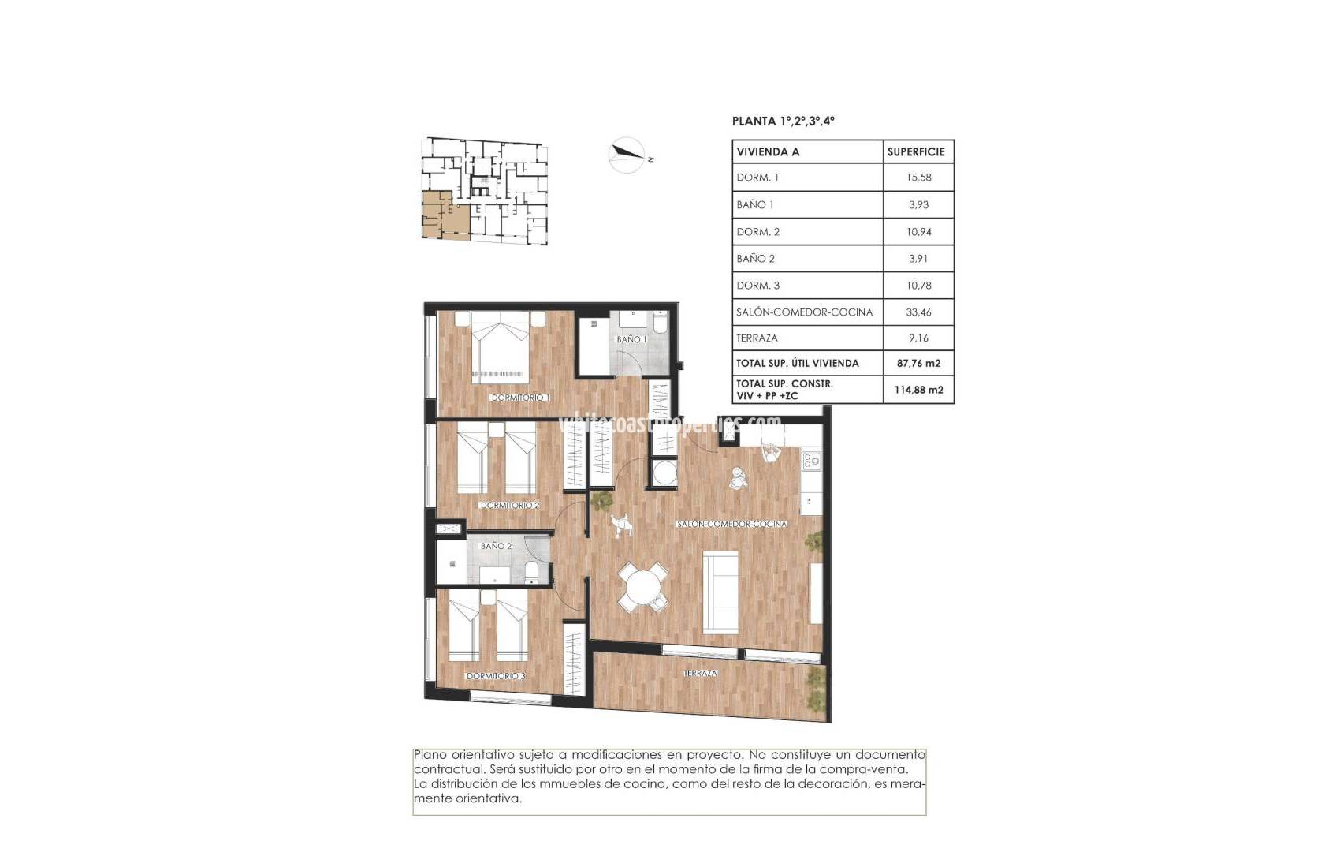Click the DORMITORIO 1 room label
tap(519, 398)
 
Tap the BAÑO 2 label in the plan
tap(496, 546)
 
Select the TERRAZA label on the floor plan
tap(700, 673)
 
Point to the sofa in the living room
tap(720, 591)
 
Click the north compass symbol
tap(627, 155)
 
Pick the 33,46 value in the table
tap(918, 312)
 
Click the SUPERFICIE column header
tap(915, 151)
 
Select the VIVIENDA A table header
tap(768, 151)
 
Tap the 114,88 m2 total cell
tap(918, 390)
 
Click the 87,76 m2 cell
tap(918, 363)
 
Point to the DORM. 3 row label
tap(758, 285)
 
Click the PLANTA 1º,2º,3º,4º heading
tap(783, 121)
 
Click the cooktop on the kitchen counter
tap(811, 459)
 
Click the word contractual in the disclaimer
tap(449, 769)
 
